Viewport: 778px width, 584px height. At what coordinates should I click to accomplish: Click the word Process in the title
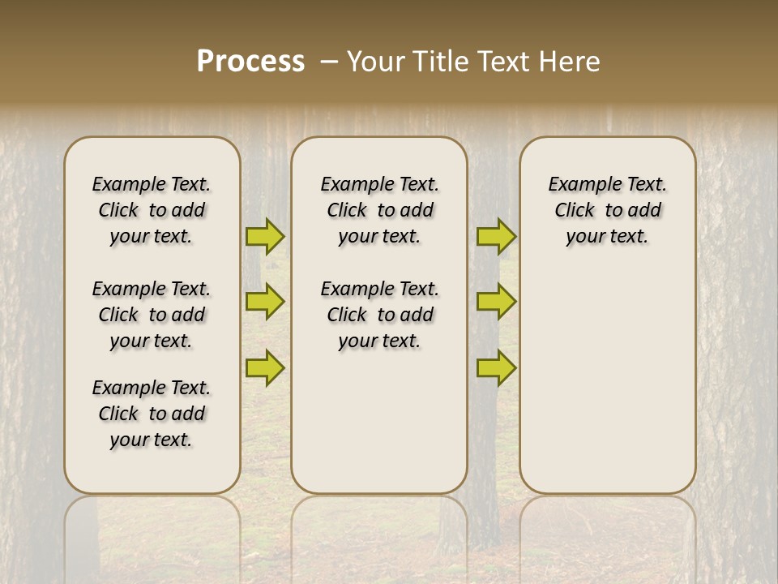tap(250, 62)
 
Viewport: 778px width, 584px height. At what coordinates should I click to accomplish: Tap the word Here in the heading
tap(572, 62)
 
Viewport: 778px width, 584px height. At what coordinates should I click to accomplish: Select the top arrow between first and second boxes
tap(265, 236)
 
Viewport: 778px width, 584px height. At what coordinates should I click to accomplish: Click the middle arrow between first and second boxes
tap(265, 302)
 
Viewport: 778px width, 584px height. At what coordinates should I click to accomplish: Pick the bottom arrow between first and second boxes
tap(265, 367)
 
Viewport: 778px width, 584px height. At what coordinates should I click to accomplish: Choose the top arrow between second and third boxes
tap(496, 236)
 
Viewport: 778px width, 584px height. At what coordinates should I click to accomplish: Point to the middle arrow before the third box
tap(496, 302)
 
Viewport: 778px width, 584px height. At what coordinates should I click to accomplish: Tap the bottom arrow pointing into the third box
tap(496, 367)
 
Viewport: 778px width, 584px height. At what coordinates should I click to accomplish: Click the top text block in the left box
tap(152, 210)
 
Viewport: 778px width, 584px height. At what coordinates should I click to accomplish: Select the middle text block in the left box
tap(152, 315)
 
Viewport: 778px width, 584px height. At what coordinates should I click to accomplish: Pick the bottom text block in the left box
tap(152, 414)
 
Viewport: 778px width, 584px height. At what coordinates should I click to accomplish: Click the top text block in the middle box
tap(379, 210)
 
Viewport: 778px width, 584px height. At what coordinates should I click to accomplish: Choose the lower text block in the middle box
tap(379, 315)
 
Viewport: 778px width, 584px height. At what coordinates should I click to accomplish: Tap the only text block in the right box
tap(608, 210)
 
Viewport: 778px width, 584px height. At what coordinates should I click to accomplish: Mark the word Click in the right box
tap(575, 210)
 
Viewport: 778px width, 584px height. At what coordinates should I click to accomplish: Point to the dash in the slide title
tap(329, 62)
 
